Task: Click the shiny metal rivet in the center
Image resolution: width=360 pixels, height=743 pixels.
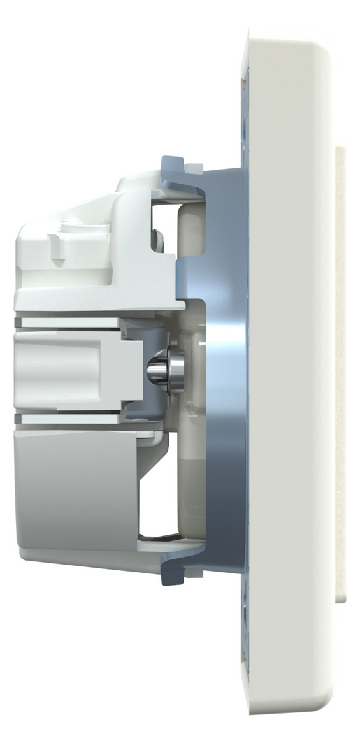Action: [164, 370]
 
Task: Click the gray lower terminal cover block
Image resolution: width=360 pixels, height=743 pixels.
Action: [76, 491]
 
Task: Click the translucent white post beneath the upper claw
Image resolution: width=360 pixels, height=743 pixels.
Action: [189, 229]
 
